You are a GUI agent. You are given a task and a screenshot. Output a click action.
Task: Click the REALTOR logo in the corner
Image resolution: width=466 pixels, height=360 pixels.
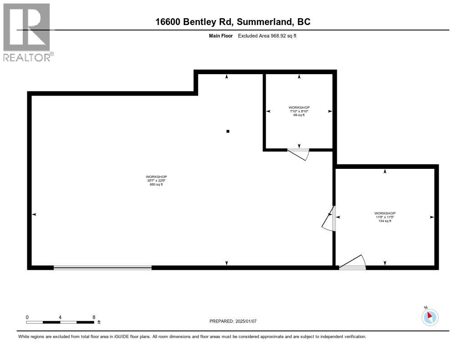point(27,32)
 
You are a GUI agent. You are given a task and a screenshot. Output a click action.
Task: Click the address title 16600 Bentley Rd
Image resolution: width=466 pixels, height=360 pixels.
point(233,22)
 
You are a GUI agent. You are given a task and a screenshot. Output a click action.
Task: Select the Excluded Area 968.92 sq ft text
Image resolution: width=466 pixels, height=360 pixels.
point(267,35)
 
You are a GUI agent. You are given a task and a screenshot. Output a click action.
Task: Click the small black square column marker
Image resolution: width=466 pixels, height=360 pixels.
point(228,132)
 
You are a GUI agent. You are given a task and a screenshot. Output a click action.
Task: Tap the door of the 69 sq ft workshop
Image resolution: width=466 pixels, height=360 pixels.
point(299,154)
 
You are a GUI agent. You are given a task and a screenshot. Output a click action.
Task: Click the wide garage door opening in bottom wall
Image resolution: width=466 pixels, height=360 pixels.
point(102,268)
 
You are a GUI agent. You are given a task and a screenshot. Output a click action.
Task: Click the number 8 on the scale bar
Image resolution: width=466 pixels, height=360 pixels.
point(94,317)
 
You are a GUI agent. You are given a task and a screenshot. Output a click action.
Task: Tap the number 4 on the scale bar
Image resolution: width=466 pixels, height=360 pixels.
point(61,317)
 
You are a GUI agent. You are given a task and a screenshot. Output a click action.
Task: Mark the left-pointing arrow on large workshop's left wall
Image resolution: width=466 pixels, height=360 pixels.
point(34,214)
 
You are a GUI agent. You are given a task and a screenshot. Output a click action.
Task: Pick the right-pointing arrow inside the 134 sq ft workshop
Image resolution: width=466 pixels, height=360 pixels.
point(431,217)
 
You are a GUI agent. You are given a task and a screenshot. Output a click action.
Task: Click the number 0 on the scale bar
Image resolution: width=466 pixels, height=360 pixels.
point(27,317)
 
